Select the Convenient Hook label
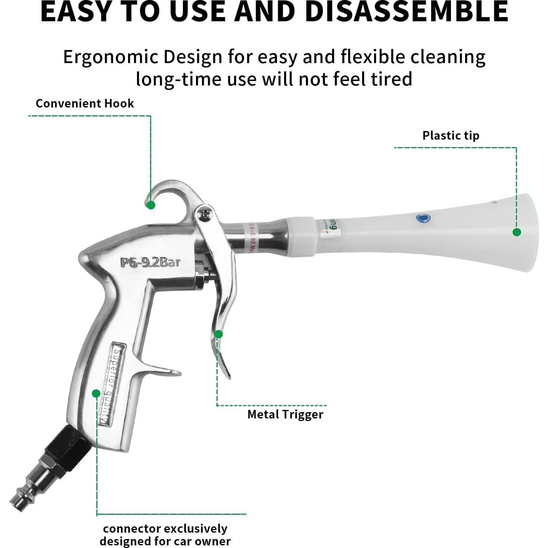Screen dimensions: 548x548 (85, 103)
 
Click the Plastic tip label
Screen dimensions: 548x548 (451, 136)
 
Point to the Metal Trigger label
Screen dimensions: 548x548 (285, 414)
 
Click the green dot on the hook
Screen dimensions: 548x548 (151, 205)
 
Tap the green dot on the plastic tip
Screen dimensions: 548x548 (517, 232)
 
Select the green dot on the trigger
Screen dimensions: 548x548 (219, 334)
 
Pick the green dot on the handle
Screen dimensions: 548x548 (96, 393)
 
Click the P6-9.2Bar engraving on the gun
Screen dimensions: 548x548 (150, 262)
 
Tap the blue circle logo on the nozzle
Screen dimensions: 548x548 (423, 218)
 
